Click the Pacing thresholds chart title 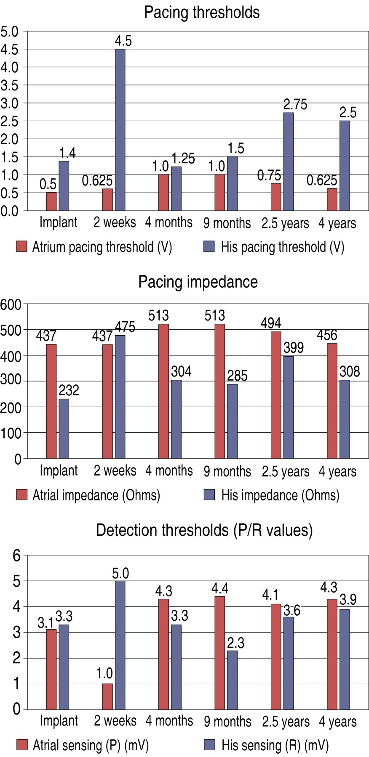tap(202, 12)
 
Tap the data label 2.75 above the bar tap(295, 104)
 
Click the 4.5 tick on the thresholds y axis tap(10, 49)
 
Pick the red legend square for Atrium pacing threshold tap(21, 246)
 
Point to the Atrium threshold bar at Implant tap(51, 201)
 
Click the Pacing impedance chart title tap(198, 282)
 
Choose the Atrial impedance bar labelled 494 tap(276, 395)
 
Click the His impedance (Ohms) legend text tap(280, 495)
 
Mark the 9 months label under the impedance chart tap(227, 471)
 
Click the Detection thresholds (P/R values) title tap(204, 530)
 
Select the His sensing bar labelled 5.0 tap(120, 645)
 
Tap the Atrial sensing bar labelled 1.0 tap(108, 696)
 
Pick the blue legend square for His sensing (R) tap(209, 745)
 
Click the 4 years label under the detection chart tap(337, 722)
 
